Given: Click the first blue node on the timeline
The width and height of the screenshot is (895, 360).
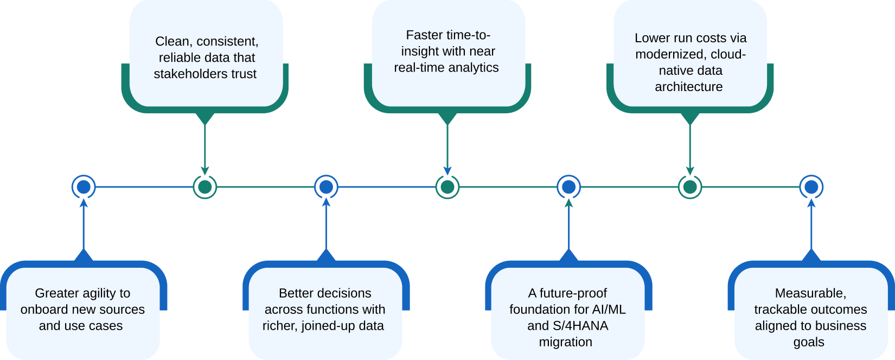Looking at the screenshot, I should (84, 187).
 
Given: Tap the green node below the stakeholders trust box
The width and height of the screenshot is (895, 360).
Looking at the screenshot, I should (205, 187).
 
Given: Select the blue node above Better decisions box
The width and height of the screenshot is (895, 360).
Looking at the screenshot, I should (326, 187).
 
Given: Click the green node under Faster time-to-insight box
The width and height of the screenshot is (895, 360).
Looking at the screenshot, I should (448, 187).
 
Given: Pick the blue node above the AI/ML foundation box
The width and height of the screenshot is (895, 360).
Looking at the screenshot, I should (568, 187).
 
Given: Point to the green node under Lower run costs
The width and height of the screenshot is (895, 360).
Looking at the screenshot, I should (690, 187).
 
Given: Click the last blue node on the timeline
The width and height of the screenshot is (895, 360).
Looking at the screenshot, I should (811, 187).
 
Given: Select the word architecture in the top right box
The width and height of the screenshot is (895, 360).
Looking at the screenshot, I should (688, 87).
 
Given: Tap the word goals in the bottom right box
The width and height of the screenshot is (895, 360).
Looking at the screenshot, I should (809, 342).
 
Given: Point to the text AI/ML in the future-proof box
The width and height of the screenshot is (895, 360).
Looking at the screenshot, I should (609, 310).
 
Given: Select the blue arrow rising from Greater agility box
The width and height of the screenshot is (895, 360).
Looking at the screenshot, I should (84, 228).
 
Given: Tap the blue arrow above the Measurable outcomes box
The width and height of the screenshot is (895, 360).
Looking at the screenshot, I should (811, 228).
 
